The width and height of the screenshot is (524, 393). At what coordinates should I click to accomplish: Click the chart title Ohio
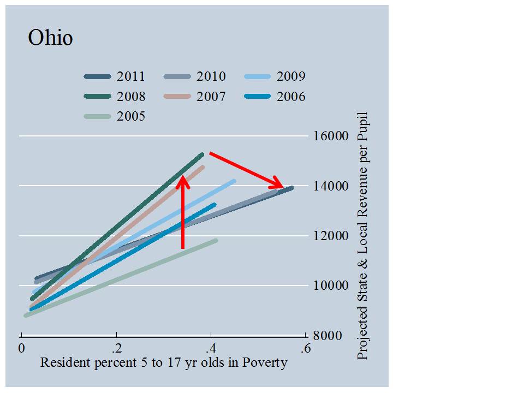[x=50, y=38]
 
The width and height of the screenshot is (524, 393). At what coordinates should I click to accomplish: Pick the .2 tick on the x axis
[x=115, y=348]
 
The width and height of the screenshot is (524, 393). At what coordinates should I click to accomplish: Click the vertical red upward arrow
[x=183, y=213]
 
